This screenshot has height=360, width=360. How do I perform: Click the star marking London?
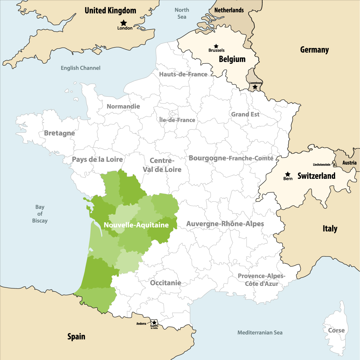pyautogui.click(x=123, y=23)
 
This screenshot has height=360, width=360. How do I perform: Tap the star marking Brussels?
pyautogui.click(x=216, y=46)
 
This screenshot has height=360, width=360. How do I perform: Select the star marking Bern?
pyautogui.click(x=288, y=174)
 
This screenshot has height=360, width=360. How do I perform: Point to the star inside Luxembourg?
pyautogui.click(x=255, y=87)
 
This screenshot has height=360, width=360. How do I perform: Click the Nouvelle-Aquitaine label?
pyautogui.click(x=136, y=225)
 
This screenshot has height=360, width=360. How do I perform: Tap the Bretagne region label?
pyautogui.click(x=59, y=133)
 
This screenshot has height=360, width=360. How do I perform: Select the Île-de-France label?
pyautogui.click(x=177, y=120)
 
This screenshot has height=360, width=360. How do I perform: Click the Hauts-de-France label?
pyautogui.click(x=183, y=74)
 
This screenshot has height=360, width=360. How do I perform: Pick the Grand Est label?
pyautogui.click(x=245, y=114)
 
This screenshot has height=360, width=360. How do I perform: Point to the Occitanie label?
pyautogui.click(x=166, y=283)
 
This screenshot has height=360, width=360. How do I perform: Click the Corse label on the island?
pyautogui.click(x=336, y=330)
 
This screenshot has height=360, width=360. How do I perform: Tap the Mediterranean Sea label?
pyautogui.click(x=260, y=332)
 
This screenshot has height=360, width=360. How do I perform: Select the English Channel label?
pyautogui.click(x=80, y=68)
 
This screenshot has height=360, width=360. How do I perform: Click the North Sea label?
pyautogui.click(x=182, y=13)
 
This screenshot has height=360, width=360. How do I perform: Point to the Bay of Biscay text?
pyautogui.click(x=40, y=214)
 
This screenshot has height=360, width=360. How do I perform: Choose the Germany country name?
pyautogui.click(x=314, y=50)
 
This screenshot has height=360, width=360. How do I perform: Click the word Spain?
pyautogui.click(x=76, y=337)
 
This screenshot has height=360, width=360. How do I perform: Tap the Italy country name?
pyautogui.click(x=330, y=229)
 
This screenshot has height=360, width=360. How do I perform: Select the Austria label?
pyautogui.click(x=349, y=163)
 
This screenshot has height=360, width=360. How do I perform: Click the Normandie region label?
pyautogui.click(x=123, y=106)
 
